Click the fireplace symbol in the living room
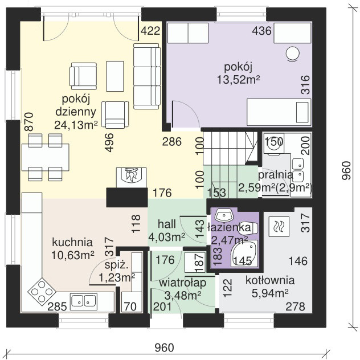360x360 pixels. click(132, 178)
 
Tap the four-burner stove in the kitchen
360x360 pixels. click(42, 292)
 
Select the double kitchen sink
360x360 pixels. click(84, 301)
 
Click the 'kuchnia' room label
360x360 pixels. click(72, 243)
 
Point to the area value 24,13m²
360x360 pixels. click(76, 125)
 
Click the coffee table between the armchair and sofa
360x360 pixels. click(115, 76)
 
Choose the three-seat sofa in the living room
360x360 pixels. click(147, 76)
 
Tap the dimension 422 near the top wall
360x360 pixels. click(150, 31)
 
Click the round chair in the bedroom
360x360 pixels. click(293, 54)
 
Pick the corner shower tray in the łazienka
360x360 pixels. click(244, 253)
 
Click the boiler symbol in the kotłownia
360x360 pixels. click(279, 227)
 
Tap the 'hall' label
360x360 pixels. click(167, 224)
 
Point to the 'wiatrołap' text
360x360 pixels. click(182, 283)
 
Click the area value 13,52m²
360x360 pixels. click(239, 80)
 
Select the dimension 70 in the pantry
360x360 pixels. click(130, 306)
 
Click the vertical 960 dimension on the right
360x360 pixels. click(346, 170)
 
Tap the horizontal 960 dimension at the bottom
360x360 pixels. click(164, 347)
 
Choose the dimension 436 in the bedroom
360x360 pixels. click(261, 31)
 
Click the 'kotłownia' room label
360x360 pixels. click(270, 280)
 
